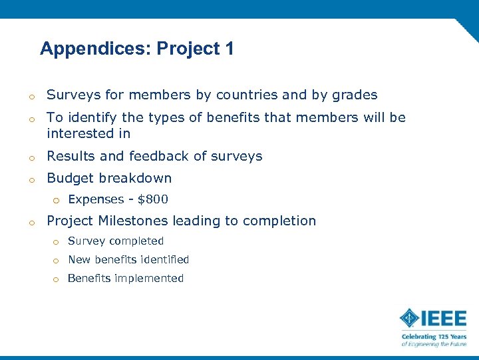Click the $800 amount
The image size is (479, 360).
(153, 199)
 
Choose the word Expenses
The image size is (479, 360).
(96, 199)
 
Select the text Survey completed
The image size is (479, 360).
(116, 241)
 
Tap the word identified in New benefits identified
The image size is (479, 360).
(165, 260)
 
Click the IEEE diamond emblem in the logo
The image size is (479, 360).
(409, 317)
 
